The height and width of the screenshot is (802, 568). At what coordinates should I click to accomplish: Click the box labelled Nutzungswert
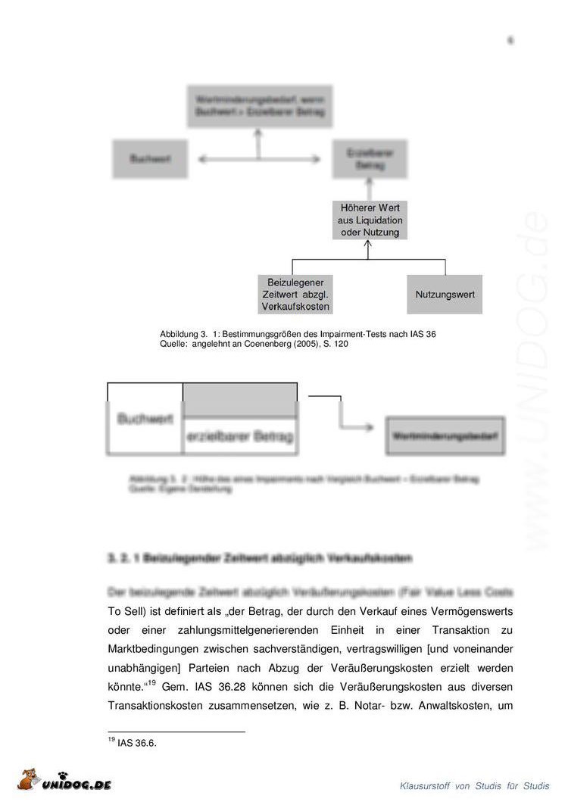click(x=445, y=294)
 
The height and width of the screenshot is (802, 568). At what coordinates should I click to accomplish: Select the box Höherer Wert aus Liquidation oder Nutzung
click(x=370, y=220)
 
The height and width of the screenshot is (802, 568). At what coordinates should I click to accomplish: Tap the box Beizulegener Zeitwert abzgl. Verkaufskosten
click(x=295, y=294)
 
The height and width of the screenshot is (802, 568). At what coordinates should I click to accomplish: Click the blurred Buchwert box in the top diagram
click(x=150, y=159)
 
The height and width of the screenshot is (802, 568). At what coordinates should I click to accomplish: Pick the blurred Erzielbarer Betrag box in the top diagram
click(x=370, y=159)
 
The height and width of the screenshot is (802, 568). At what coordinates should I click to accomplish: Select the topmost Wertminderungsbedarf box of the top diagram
click(x=260, y=106)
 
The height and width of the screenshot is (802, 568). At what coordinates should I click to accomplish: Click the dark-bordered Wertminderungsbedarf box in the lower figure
click(x=445, y=436)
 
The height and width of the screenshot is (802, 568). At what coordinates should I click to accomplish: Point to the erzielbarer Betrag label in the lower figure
click(x=240, y=437)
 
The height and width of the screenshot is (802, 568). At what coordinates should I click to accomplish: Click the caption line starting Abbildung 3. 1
click(x=298, y=334)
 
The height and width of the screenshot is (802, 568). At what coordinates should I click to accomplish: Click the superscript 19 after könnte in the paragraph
click(x=151, y=684)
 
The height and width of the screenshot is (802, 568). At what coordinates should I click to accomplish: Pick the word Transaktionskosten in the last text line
click(x=155, y=706)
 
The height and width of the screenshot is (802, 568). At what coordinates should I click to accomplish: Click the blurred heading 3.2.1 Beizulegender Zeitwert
click(x=260, y=559)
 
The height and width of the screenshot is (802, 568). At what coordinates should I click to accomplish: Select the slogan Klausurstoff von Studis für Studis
click(x=475, y=786)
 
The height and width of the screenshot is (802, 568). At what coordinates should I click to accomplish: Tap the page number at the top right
click(x=510, y=40)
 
